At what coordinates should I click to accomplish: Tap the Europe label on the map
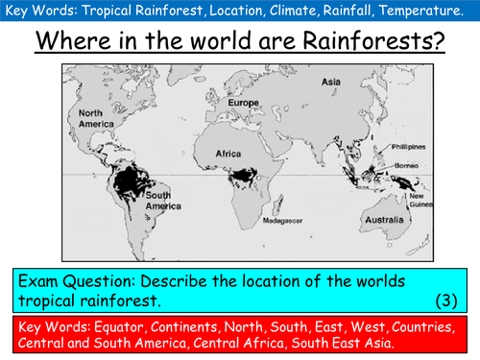click(x=246, y=103)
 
